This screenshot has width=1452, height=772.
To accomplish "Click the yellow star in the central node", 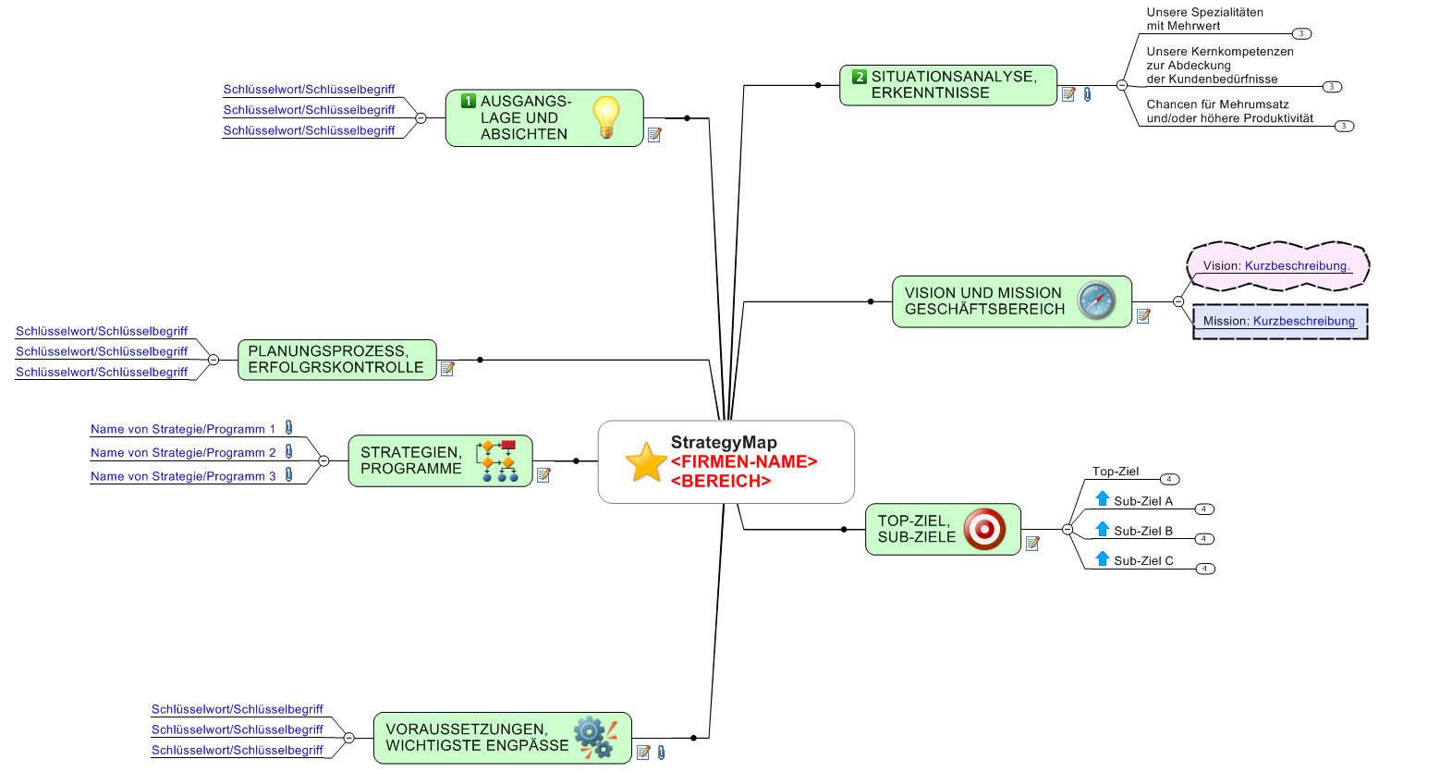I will (x=646, y=462).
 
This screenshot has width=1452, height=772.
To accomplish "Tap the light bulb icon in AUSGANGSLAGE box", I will (x=605, y=117).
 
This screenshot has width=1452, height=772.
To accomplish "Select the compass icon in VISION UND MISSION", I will (x=1097, y=300).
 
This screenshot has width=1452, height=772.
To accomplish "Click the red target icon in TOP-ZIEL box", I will (x=984, y=529).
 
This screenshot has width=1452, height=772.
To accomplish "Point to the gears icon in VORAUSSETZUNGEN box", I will (x=595, y=737).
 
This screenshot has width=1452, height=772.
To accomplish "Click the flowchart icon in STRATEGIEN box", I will (x=497, y=460).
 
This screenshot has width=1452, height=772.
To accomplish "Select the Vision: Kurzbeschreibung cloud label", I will (x=1276, y=266).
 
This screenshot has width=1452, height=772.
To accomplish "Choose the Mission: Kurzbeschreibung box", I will (x=1279, y=322).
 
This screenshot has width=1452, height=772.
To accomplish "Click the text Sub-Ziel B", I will (x=1143, y=531).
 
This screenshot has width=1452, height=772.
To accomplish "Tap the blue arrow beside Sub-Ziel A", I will (x=1103, y=499).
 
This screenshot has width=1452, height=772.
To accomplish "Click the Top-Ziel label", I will (x=1116, y=472).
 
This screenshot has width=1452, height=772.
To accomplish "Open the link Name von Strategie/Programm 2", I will (x=183, y=453).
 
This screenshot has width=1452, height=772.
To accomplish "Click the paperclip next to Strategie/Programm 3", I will (x=289, y=474).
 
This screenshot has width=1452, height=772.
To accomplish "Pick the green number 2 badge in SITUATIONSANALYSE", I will (x=860, y=78).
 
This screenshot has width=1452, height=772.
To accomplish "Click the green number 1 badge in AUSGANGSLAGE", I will (x=469, y=102).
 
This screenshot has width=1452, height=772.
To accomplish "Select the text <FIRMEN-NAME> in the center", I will (x=744, y=461).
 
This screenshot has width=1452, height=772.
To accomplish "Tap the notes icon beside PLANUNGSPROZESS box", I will (x=448, y=369).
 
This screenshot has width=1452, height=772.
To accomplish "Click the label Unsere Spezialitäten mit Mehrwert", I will (x=1204, y=18).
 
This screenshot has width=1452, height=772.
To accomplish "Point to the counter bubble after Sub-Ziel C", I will (x=1205, y=569).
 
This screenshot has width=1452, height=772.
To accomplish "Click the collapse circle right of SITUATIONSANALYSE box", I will (x=1122, y=85).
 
